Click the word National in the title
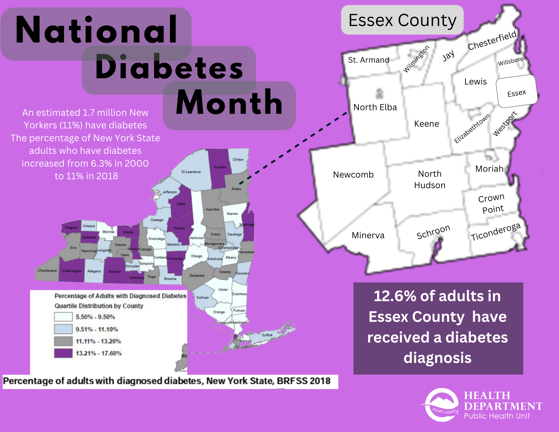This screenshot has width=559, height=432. coord(96,31)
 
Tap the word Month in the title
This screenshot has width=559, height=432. coord(229,103)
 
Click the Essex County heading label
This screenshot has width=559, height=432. coord(402,20)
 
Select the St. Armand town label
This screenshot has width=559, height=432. coord(368,60)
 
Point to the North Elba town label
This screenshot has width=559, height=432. coord(375,107)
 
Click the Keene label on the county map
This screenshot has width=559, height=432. coord(427,124)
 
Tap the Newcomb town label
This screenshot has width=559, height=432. coord(353,174)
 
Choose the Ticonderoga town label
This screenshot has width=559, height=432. coord(495,232)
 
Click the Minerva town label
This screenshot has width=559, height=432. coord(368,235)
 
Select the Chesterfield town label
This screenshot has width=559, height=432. coord(492,41)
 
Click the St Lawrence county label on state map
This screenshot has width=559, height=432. coord(191,172)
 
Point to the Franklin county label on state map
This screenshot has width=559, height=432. coord(220,167)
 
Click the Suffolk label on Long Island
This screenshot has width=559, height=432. coord(267,335)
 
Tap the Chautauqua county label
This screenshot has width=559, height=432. coord(47,270)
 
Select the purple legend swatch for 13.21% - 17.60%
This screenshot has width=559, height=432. coord(63,353)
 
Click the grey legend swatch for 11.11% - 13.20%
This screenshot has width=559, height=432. coord(63,341)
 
